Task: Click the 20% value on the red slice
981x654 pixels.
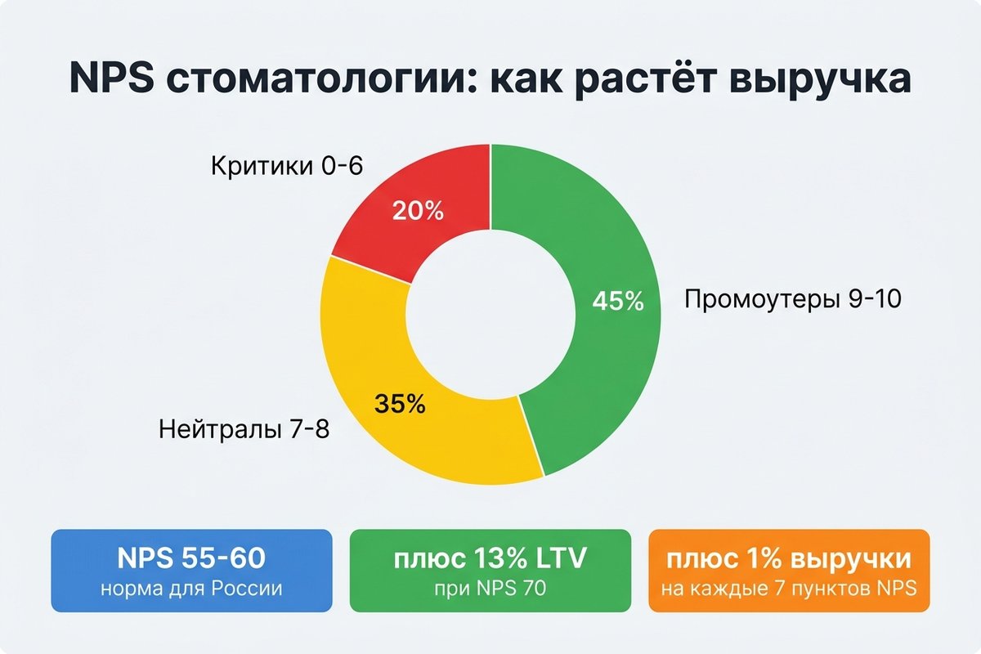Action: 418,211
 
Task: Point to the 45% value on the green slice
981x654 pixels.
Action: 618,301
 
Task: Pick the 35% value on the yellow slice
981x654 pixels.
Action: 400,403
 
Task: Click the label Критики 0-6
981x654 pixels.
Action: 286,167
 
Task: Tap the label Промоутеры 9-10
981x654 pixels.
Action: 792,300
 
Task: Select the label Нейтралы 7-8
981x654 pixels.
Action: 244,428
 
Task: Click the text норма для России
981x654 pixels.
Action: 191,589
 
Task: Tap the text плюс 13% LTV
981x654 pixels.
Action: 490,559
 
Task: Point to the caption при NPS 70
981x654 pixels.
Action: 490,589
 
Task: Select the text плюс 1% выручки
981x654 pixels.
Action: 788,559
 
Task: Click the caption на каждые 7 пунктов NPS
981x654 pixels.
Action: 788,589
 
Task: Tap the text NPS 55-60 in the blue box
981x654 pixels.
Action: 191,559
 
